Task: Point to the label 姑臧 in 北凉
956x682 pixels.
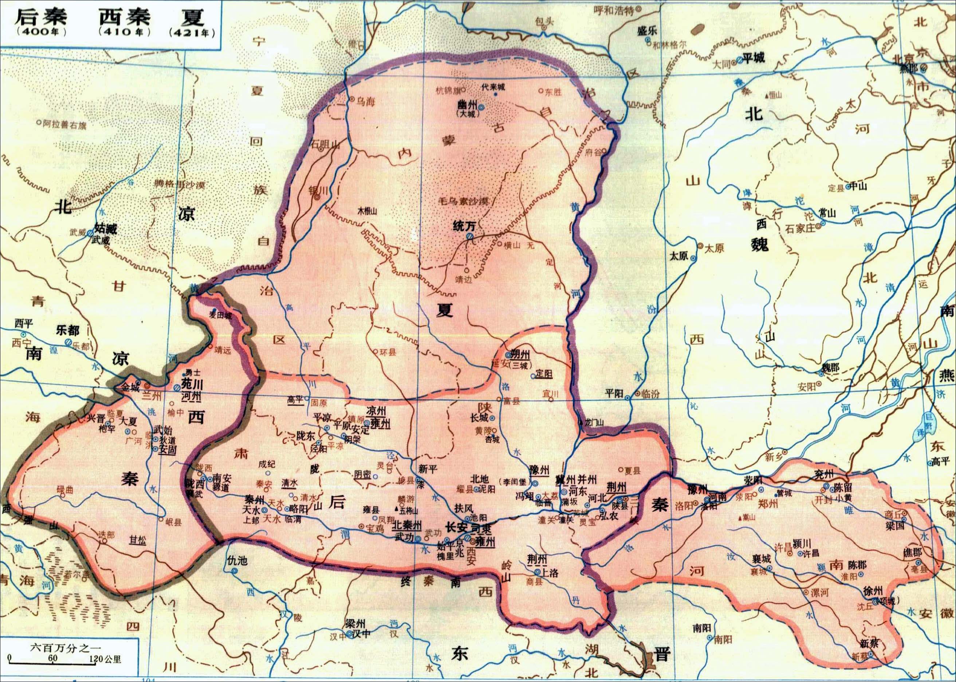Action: [x=106, y=229]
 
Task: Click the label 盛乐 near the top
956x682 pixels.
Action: [x=647, y=30]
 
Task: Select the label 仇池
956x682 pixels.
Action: [x=237, y=560]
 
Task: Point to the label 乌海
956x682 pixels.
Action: [x=365, y=101]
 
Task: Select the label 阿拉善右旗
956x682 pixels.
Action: [x=65, y=124]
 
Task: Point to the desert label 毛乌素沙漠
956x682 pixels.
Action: [x=463, y=201]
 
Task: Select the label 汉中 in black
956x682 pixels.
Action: [x=360, y=633]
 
